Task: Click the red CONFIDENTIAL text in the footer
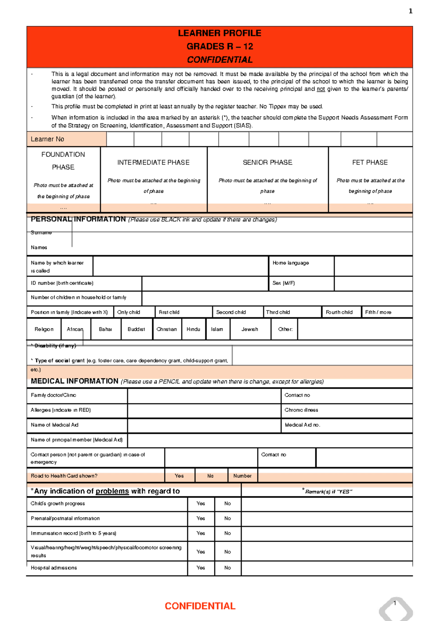(200, 606)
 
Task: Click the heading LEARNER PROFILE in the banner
(219, 33)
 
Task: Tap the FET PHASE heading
(370, 162)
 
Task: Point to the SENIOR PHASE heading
(267, 162)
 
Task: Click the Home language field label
(291, 263)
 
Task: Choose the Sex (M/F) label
(284, 283)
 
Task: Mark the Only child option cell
(129, 312)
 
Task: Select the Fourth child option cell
(339, 312)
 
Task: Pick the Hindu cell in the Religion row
(193, 329)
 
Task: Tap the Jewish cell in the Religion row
(249, 329)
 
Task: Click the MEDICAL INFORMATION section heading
(75, 381)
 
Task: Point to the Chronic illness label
(301, 410)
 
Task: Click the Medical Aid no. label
(303, 425)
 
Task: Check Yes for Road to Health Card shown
(179, 476)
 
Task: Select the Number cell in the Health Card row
(242, 476)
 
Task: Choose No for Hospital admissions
(228, 568)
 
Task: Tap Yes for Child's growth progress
(200, 504)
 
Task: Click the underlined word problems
(112, 491)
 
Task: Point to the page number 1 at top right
(410, 11)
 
